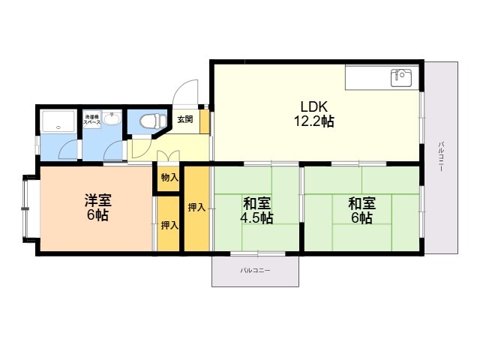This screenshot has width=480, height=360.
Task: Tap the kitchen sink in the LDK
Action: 399,76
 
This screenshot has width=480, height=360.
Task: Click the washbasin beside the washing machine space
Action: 112,119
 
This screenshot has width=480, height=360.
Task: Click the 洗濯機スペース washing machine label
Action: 92,119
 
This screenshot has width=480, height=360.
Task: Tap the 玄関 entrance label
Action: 184,118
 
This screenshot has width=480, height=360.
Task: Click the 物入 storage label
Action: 169,178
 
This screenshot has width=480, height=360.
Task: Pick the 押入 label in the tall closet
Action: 196,207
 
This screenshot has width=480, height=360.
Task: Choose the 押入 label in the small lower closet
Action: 169,225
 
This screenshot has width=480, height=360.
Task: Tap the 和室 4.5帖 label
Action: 257,210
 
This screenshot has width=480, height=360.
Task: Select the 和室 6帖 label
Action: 361,210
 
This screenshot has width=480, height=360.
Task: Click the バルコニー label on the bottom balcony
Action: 255,269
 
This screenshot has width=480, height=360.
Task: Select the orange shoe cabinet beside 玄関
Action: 203,124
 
